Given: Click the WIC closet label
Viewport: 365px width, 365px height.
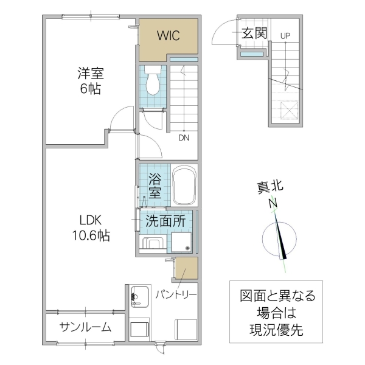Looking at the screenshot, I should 169,36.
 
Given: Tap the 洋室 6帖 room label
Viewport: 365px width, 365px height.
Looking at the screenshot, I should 90,81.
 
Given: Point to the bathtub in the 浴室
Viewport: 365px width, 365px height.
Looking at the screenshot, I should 184,186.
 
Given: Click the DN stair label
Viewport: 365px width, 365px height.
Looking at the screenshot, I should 184,137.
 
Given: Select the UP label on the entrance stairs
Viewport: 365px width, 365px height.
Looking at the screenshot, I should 285,36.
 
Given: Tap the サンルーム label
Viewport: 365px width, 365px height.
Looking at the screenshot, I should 85,328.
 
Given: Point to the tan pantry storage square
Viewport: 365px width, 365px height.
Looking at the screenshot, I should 186,268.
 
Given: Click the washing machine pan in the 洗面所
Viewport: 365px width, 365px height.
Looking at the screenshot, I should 182,243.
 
